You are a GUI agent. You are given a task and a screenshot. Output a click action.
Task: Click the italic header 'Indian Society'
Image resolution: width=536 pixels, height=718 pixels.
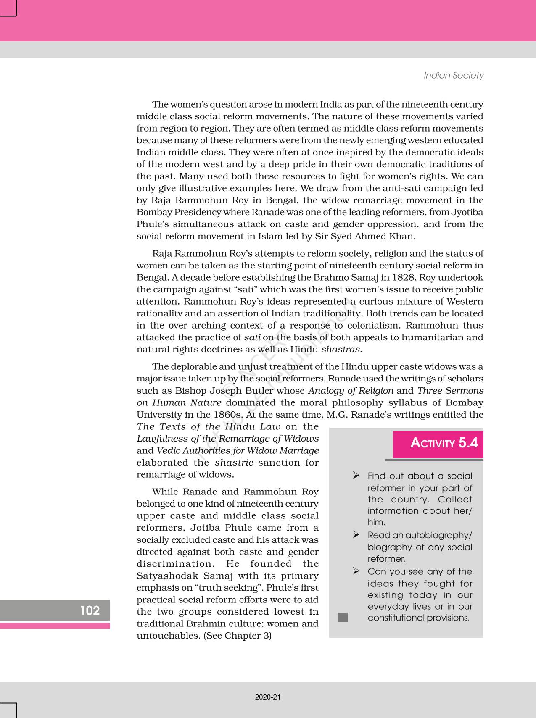point(453,75)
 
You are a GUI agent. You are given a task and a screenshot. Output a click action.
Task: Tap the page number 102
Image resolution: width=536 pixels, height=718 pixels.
point(90,610)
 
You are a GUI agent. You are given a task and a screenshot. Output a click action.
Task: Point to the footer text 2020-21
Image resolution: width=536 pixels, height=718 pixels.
point(267,697)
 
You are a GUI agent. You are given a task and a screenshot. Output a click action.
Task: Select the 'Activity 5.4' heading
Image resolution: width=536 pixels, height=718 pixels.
point(444,443)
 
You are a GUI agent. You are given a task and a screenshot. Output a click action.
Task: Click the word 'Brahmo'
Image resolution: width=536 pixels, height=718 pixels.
point(336,278)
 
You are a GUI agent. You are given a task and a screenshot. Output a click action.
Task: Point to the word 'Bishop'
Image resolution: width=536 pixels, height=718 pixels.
point(191,391)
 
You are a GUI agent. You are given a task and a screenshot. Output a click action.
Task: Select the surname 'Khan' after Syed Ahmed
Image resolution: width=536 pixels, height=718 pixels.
point(401,236)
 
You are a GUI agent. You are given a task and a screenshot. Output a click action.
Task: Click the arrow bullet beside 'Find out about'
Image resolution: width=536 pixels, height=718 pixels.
point(356,475)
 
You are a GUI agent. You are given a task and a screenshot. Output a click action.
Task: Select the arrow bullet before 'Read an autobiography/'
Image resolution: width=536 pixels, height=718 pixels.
point(356,534)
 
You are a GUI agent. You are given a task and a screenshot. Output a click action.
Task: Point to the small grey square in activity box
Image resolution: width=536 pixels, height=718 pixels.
point(343,617)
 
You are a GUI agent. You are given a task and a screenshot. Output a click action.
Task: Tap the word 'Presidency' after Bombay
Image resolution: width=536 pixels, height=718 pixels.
point(193,212)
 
